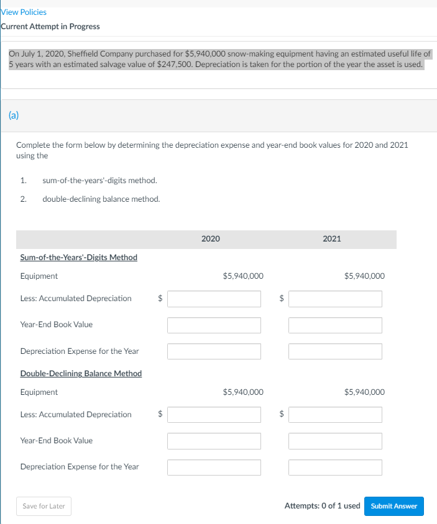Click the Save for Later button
pos(44,506)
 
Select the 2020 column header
pos(211,239)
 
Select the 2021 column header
pos(332,239)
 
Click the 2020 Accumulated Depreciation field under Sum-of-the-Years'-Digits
pos(214,299)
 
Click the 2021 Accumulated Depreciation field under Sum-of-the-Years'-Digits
pos(335,299)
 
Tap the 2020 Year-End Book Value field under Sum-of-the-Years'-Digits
pos(214,325)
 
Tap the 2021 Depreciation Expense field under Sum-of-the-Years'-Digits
pos(335,351)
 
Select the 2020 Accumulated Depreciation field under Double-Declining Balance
pos(214,415)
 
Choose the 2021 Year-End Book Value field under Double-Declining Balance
pos(335,441)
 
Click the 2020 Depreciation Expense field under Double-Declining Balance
pos(214,467)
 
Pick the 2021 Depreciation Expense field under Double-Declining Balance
pos(335,467)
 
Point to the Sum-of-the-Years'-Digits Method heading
pos(79,257)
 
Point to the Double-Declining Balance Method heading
pos(81,373)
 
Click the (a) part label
pos(13,115)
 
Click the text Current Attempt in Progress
pos(50,27)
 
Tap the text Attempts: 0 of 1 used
pos(322,506)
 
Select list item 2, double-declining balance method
pos(101,199)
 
